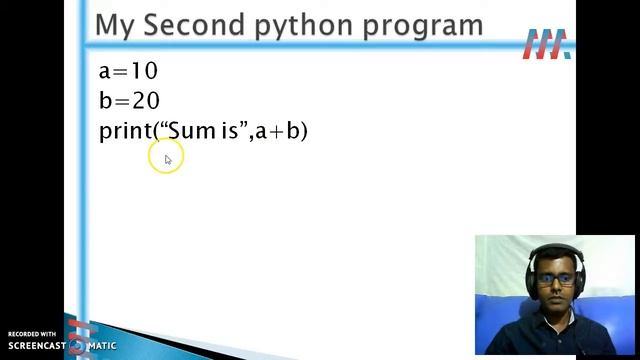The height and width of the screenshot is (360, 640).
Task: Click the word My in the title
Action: [x=116, y=26]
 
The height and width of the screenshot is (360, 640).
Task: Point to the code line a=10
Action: [x=128, y=71]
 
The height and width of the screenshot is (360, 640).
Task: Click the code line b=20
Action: [x=129, y=101]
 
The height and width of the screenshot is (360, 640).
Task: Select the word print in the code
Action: [x=123, y=132]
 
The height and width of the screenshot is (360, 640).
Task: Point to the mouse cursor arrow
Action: [x=167, y=158]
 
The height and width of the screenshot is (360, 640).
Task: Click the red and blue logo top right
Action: [x=546, y=44]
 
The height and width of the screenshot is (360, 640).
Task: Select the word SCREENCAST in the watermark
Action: [x=37, y=346]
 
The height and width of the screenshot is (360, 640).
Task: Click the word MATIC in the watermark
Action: [x=101, y=346]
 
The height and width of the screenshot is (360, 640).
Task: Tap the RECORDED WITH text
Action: [x=32, y=334]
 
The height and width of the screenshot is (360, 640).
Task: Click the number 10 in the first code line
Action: [x=144, y=71]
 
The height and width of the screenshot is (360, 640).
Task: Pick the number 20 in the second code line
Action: [x=146, y=101]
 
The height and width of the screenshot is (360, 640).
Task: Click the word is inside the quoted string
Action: [x=229, y=131]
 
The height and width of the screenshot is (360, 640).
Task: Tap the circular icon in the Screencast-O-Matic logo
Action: [x=77, y=346]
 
